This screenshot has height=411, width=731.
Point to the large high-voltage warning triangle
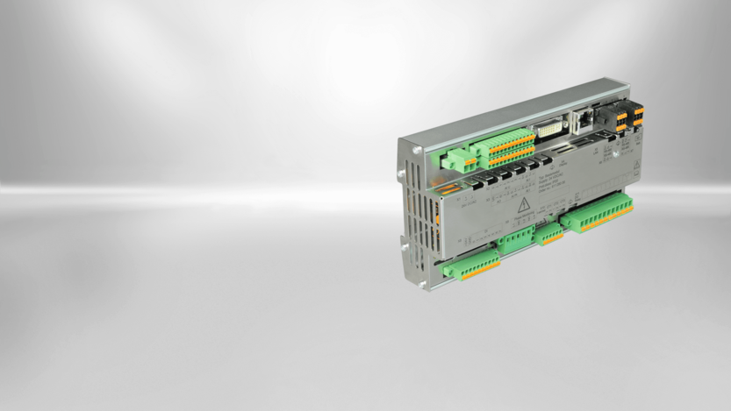click(x=525, y=207)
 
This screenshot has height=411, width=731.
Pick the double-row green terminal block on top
click(x=503, y=146)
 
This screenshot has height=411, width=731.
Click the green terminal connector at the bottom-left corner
click(x=471, y=266)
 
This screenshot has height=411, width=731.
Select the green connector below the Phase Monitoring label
click(x=515, y=242)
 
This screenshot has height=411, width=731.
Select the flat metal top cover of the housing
click(x=518, y=110)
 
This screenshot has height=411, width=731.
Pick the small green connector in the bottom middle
click(x=551, y=233)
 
